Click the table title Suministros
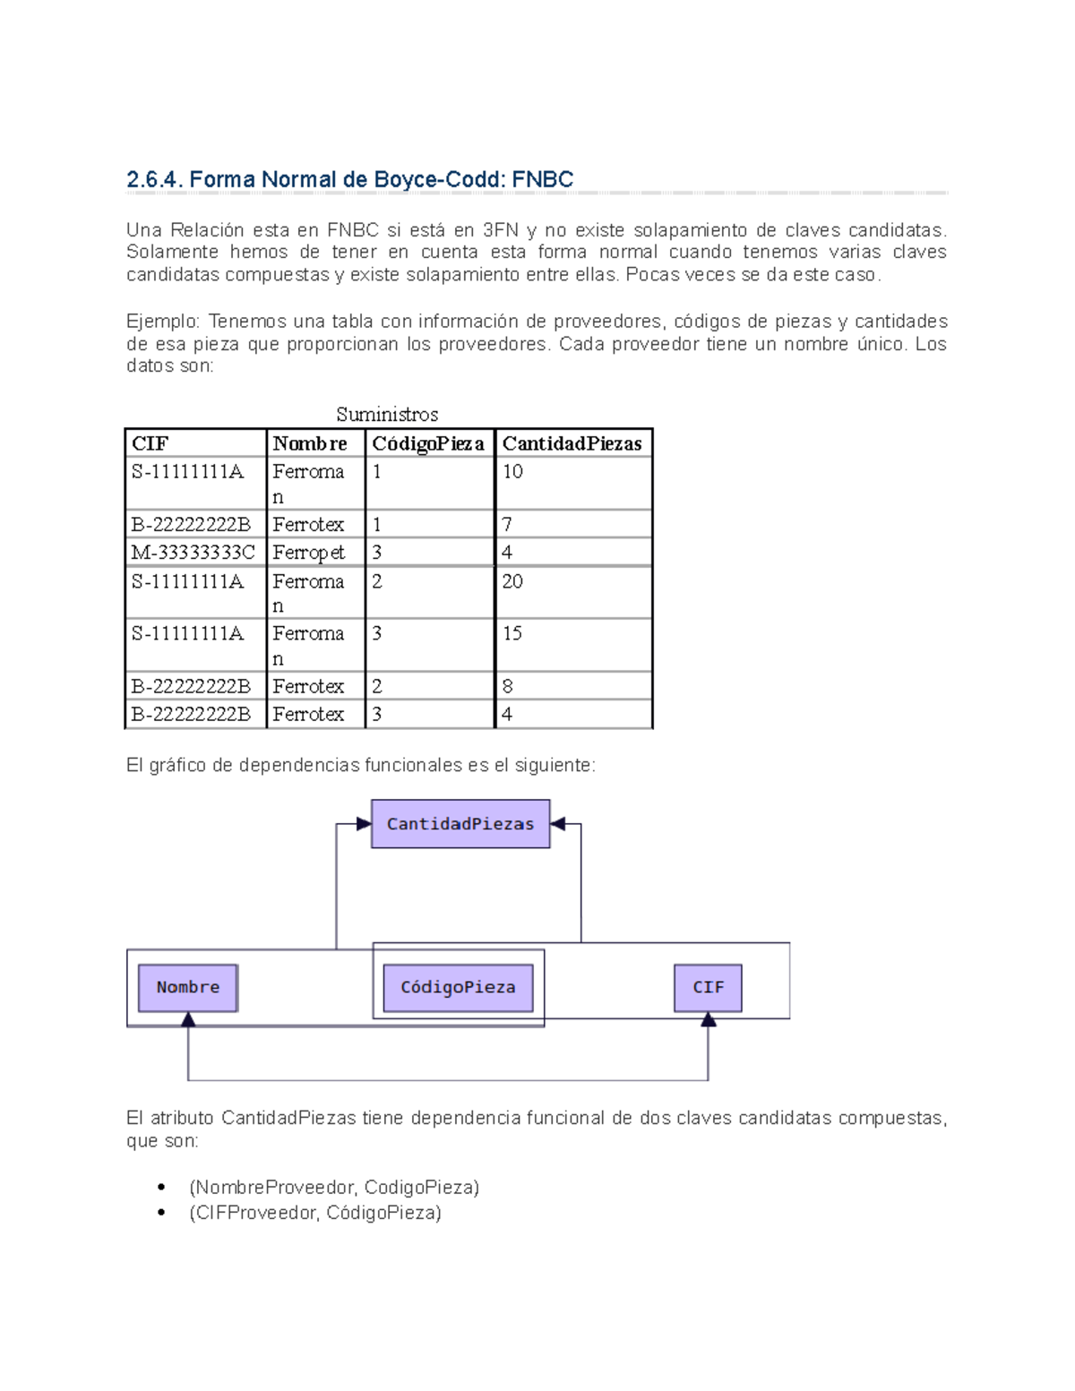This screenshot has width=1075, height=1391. coord(387,414)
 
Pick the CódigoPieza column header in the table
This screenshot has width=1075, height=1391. coord(428,443)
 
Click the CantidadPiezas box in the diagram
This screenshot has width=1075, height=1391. coord(460,824)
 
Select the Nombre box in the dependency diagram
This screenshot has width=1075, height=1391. coord(188,987)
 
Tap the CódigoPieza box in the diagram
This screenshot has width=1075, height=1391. coord(458,987)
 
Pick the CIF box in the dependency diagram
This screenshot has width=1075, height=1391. coord(708,987)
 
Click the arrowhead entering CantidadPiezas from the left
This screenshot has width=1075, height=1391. coord(364,824)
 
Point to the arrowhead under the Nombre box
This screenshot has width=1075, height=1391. coord(188,1019)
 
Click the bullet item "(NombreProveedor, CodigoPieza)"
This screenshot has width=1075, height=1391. coord(334,1187)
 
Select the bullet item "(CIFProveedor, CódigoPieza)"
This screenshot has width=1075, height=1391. coord(315,1212)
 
